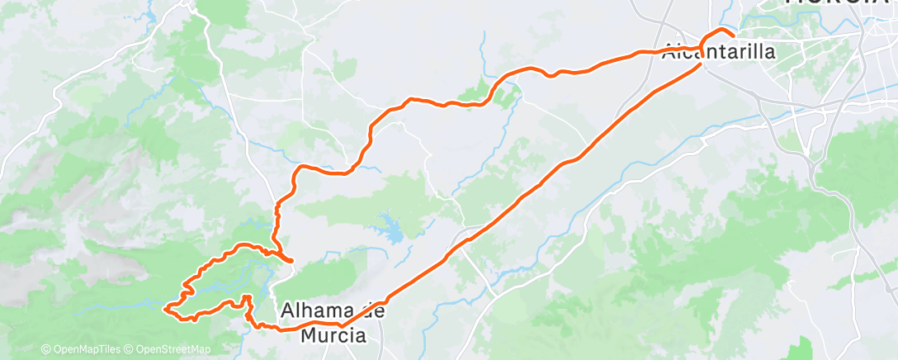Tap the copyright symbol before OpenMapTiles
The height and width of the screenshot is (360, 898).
(46, 350)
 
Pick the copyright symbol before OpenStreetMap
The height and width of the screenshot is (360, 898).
(130, 350)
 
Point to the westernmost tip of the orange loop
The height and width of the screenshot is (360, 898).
(167, 309)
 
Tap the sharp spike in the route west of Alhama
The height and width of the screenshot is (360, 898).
(246, 296)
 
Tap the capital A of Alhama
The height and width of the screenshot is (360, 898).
(287, 311)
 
